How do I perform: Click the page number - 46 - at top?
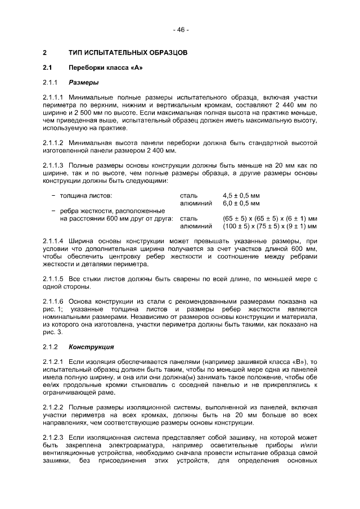(x=180, y=30)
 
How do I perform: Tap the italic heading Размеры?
(x=83, y=83)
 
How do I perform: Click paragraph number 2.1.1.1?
(x=53, y=97)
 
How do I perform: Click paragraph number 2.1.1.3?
(x=53, y=165)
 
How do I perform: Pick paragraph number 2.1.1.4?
(x=53, y=241)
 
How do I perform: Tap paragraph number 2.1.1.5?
(x=53, y=278)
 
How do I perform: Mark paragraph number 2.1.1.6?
(x=53, y=301)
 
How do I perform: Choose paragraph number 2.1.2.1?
(x=53, y=361)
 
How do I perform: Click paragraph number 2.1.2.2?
(x=53, y=407)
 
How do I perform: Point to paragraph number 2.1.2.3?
(x=53, y=437)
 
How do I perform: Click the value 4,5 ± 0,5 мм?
(x=241, y=196)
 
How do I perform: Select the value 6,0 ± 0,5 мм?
(x=241, y=203)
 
